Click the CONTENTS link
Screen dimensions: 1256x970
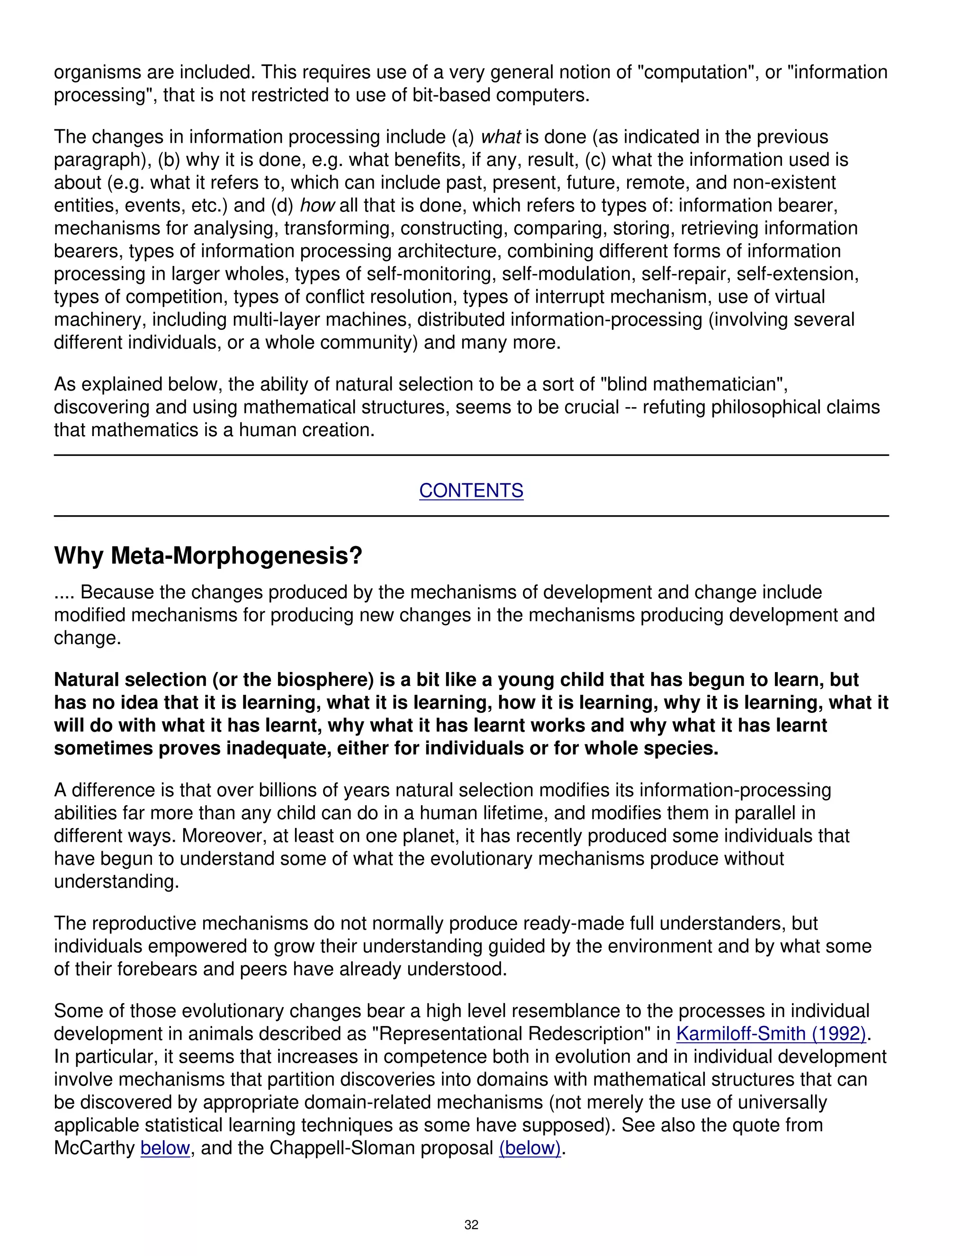(x=471, y=491)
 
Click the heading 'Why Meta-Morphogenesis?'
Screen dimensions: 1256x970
(x=208, y=555)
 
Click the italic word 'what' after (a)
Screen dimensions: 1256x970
(x=500, y=137)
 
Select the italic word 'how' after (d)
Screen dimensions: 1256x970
(x=317, y=206)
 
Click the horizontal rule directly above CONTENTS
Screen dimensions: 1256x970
(x=471, y=455)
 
